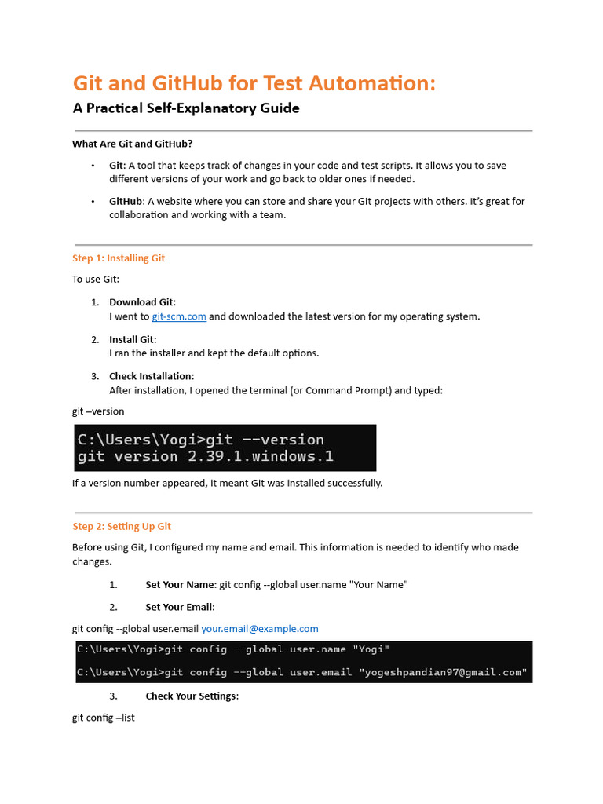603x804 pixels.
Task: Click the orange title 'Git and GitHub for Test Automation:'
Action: pyautogui.click(x=254, y=83)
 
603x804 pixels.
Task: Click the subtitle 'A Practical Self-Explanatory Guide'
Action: pyautogui.click(x=186, y=108)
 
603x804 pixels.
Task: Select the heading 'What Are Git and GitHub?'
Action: pyautogui.click(x=133, y=144)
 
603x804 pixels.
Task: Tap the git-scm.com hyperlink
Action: pyautogui.click(x=179, y=316)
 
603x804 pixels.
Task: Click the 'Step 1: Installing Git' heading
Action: pyautogui.click(x=119, y=258)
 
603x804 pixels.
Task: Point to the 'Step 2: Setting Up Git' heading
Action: pyautogui.click(x=122, y=526)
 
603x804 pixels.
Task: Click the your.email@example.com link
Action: pyautogui.click(x=260, y=628)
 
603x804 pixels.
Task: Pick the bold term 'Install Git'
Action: pyautogui.click(x=132, y=339)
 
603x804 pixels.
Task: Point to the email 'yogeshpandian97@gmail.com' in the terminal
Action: pyautogui.click(x=442, y=673)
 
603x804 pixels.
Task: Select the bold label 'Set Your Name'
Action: pyautogui.click(x=180, y=584)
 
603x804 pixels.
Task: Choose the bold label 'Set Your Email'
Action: pyautogui.click(x=180, y=607)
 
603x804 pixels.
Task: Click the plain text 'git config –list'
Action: pyautogui.click(x=104, y=718)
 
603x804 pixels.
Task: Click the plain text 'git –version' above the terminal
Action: pyautogui.click(x=98, y=411)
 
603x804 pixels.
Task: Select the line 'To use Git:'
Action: pyautogui.click(x=96, y=280)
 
